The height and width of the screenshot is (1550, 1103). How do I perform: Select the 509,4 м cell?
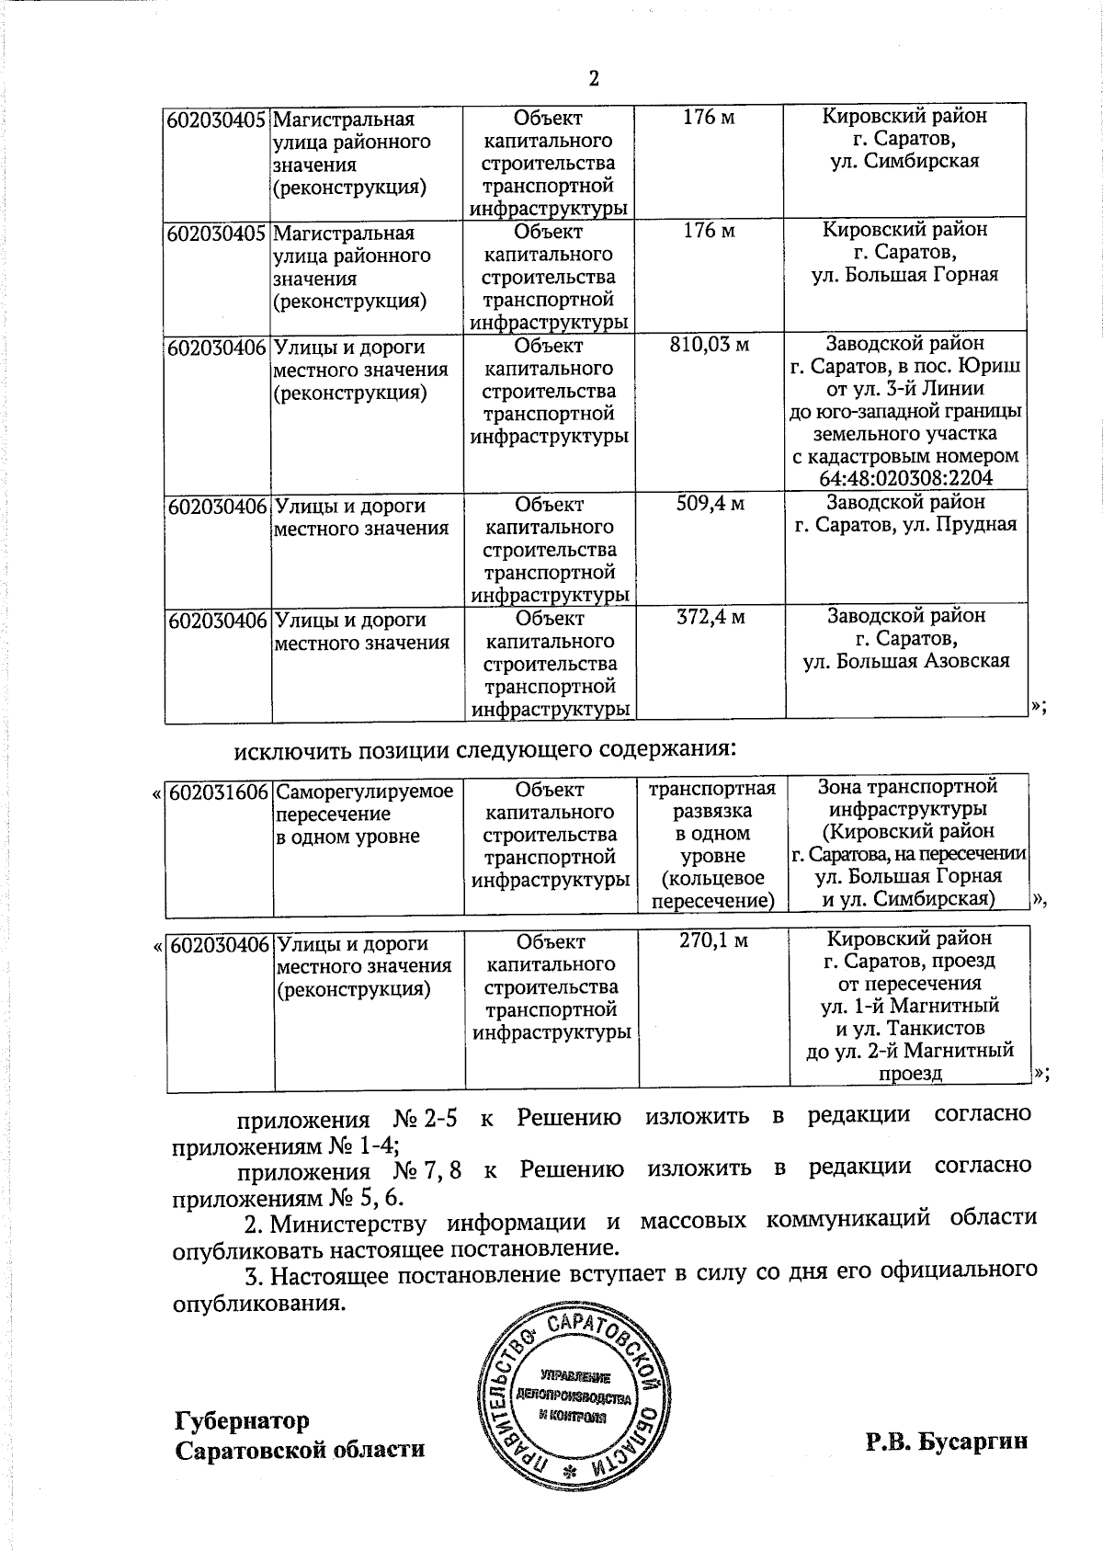pyautogui.click(x=710, y=503)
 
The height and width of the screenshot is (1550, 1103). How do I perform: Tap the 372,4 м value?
pyautogui.click(x=710, y=617)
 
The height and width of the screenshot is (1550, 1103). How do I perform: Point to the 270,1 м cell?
pyautogui.click(x=712, y=940)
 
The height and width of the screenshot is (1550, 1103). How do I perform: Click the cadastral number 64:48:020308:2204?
pyautogui.click(x=905, y=478)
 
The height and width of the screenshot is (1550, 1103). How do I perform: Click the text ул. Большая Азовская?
pyautogui.click(x=906, y=660)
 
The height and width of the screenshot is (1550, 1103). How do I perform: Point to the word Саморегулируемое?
pyautogui.click(x=365, y=792)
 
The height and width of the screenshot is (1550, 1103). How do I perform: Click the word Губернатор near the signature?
pyautogui.click(x=242, y=1420)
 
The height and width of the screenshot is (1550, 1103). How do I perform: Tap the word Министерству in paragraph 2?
pyautogui.click(x=348, y=1223)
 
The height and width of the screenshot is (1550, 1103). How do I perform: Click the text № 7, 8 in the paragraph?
pyautogui.click(x=427, y=1170)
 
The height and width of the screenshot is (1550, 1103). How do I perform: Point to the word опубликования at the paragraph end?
pyautogui.click(x=258, y=1304)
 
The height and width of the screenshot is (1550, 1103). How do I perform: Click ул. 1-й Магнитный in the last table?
pyautogui.click(x=909, y=1005)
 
